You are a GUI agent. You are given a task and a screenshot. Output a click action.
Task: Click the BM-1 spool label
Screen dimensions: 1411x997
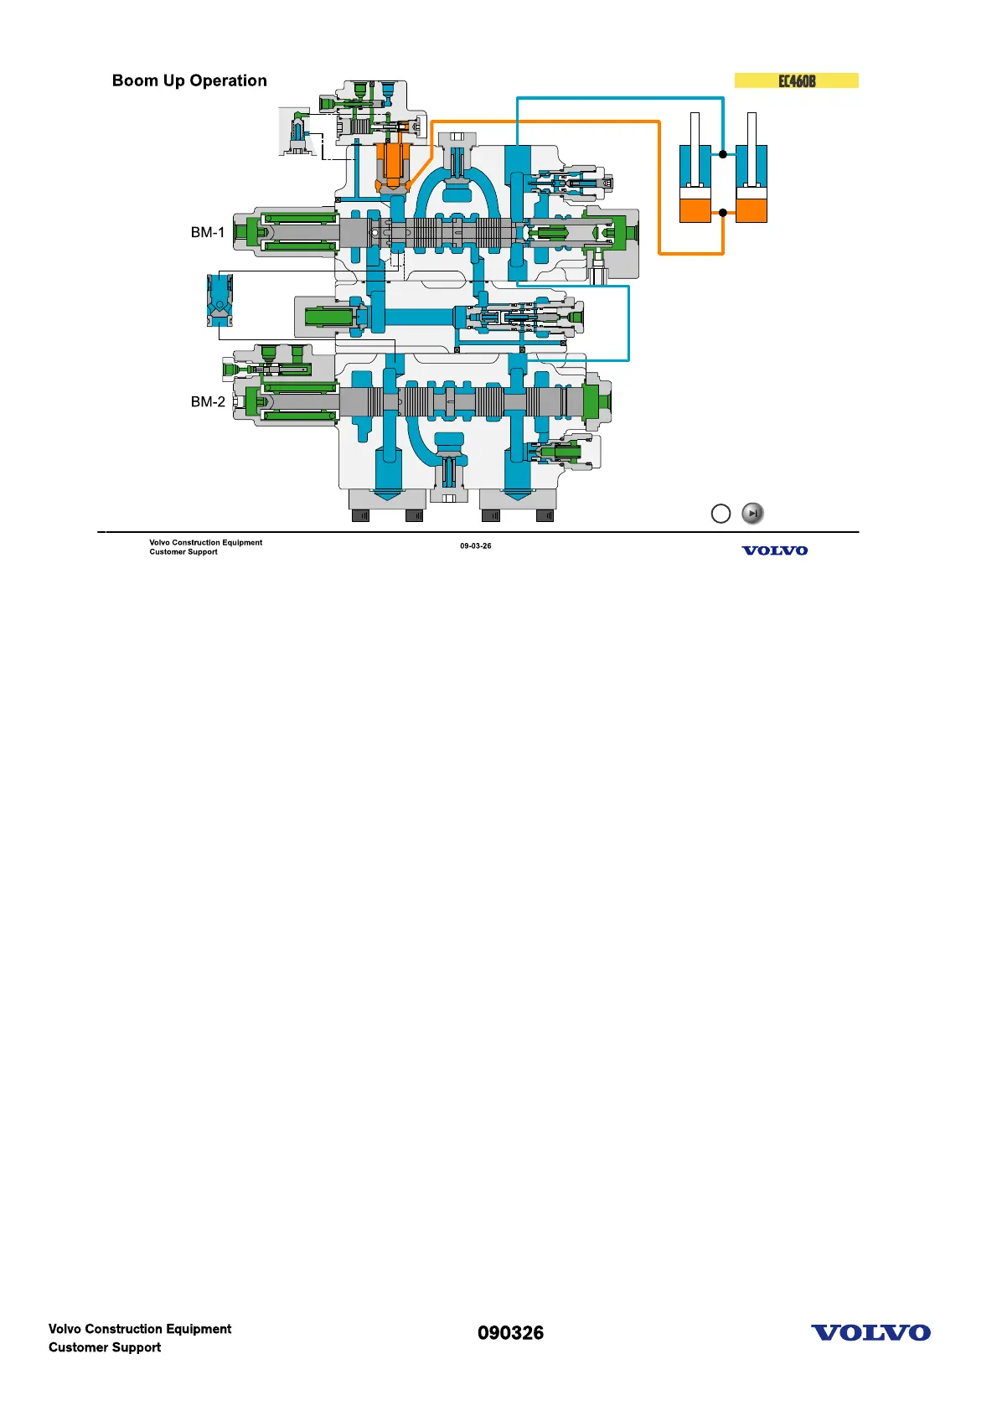(x=208, y=232)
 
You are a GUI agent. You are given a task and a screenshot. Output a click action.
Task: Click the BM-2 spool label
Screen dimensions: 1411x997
(x=208, y=401)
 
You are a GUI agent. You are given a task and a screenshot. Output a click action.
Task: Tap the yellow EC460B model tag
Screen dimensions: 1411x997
(x=797, y=80)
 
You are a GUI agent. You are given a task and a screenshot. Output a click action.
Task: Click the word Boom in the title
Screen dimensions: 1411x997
(x=136, y=80)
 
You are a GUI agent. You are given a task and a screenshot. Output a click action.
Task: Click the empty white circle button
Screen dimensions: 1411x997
(x=721, y=514)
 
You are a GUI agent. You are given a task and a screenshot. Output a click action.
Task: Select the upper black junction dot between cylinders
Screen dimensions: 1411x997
(x=723, y=154)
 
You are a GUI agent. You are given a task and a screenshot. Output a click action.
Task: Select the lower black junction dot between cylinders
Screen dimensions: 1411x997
(x=723, y=213)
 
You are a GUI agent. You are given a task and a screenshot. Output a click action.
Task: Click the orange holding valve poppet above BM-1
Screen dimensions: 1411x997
(x=392, y=163)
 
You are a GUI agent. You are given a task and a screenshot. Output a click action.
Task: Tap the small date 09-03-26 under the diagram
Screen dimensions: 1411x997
(x=476, y=546)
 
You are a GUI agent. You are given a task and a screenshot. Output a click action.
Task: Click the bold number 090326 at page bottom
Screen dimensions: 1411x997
(x=510, y=1333)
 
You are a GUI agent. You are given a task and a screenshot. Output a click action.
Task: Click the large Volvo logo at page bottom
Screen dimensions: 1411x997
(x=870, y=1333)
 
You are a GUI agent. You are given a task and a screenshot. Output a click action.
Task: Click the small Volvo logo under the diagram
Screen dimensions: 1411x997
(x=775, y=550)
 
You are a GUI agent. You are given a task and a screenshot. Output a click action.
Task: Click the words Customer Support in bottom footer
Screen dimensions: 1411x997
(x=105, y=1347)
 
